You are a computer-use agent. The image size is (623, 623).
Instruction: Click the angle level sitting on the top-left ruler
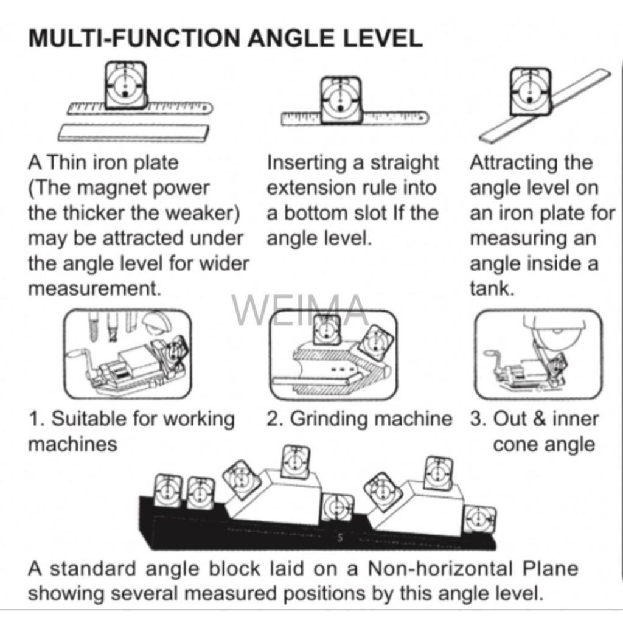[x=125, y=85]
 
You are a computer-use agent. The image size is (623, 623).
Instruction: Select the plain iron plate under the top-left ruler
[x=133, y=133]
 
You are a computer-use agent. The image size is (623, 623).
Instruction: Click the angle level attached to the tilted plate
[x=531, y=91]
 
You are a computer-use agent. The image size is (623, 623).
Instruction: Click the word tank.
[x=492, y=288]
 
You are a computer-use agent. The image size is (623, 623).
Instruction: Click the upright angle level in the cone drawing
[x=327, y=329]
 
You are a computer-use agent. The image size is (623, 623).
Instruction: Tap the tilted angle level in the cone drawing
[x=376, y=343]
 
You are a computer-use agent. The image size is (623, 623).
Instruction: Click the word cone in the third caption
[x=517, y=445]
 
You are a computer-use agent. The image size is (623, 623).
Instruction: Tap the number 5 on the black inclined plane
[x=340, y=538]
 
